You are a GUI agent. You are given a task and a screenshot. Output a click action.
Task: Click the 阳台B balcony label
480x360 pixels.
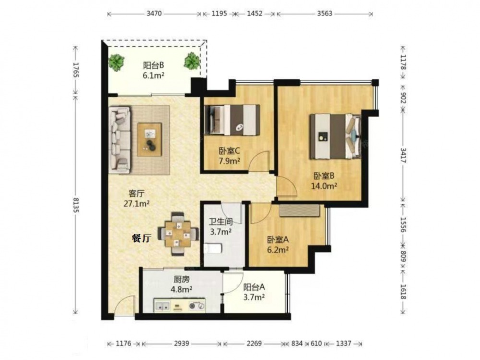(154, 65)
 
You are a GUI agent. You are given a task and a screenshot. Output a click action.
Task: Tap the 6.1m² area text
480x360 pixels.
(154, 75)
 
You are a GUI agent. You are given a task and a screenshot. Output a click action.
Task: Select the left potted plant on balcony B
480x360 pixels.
(116, 62)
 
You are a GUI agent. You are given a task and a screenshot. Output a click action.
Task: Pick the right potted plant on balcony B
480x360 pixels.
(192, 60)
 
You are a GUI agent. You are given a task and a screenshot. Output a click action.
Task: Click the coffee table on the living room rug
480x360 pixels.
(149, 140)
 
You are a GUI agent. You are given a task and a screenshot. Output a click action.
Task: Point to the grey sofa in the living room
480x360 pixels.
(120, 140)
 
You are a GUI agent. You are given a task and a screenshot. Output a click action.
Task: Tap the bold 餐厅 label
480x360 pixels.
(142, 238)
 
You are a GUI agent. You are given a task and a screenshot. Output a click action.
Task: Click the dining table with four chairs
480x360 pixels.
(177, 234)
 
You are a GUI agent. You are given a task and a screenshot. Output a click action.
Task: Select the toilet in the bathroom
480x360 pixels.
(213, 248)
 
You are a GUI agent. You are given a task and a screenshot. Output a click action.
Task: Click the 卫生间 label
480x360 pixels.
(220, 222)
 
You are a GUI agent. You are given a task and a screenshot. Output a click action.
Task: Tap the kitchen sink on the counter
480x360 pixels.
(162, 305)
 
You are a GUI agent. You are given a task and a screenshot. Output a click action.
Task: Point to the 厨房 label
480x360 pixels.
(181, 279)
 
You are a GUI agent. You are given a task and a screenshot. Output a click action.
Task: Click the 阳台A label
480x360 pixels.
(254, 287)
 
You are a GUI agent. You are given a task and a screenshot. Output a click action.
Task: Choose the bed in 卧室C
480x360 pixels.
(232, 120)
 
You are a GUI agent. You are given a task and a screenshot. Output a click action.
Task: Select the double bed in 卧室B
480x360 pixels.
(335, 136)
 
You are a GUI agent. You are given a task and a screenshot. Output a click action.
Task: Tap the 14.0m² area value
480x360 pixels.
(324, 186)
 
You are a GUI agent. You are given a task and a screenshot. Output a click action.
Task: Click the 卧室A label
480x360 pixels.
(277, 240)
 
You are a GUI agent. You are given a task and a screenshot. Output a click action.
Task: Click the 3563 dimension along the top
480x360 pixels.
(324, 14)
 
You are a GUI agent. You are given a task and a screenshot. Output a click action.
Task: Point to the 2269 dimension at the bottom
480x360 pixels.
(254, 344)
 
